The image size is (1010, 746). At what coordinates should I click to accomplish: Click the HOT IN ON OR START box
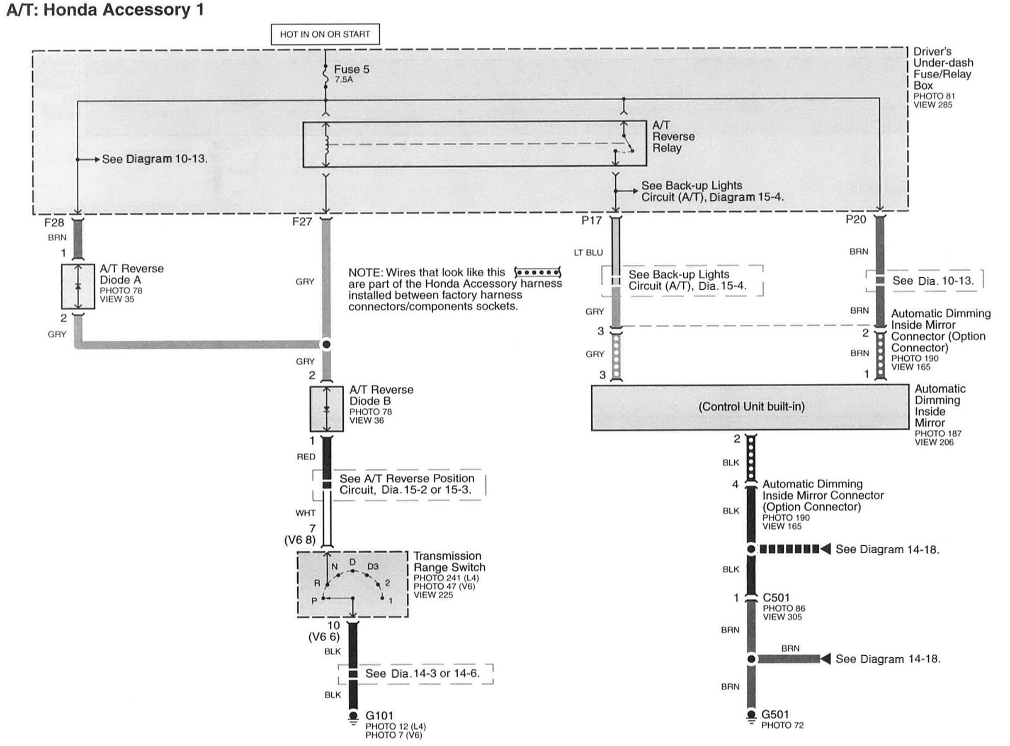325,34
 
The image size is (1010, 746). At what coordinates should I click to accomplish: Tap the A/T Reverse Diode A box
78,286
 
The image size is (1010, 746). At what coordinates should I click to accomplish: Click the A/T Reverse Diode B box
326,409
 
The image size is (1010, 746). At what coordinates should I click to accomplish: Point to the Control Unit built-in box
750,407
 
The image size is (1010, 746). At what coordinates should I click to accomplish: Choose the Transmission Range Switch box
352,584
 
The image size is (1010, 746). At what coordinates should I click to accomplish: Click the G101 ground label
379,716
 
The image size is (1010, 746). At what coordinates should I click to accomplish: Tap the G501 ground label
775,715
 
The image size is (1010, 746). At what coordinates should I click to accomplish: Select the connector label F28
54,223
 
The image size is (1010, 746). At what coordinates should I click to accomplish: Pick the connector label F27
302,222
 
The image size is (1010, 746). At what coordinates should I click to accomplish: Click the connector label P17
591,220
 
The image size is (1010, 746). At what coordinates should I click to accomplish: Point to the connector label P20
856,220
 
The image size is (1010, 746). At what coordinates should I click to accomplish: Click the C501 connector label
776,598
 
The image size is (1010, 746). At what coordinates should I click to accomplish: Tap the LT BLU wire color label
588,253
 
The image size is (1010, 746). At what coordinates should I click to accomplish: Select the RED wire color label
306,457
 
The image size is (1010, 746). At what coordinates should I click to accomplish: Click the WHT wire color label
305,513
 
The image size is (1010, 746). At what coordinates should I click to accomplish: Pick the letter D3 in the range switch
373,566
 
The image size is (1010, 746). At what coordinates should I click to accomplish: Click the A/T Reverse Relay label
673,136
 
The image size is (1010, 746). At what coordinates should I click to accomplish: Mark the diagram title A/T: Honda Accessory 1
105,10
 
